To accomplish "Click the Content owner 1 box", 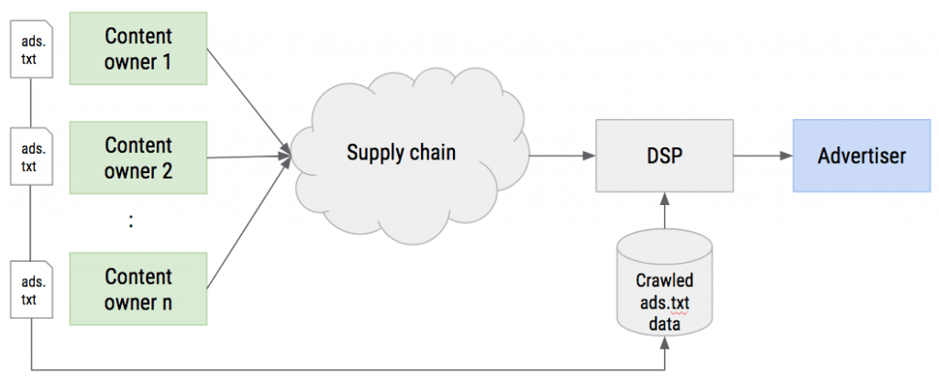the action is [138, 49].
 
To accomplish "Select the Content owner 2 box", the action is [138, 158].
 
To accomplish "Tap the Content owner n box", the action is [138, 289].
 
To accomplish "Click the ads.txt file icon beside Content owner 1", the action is [32, 49].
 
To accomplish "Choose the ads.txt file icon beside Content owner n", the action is [32, 289].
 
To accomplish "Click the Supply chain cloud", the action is [412, 155].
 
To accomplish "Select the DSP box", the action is [664, 156].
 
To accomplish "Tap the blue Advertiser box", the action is [862, 156].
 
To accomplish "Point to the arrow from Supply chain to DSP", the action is [562, 156].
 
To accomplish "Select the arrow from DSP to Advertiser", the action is [763, 156].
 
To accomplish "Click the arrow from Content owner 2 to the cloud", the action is [249, 157].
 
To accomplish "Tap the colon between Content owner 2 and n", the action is [130, 222].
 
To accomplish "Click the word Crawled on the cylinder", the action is [665, 280].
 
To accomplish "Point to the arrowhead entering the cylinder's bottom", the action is [665, 343].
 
